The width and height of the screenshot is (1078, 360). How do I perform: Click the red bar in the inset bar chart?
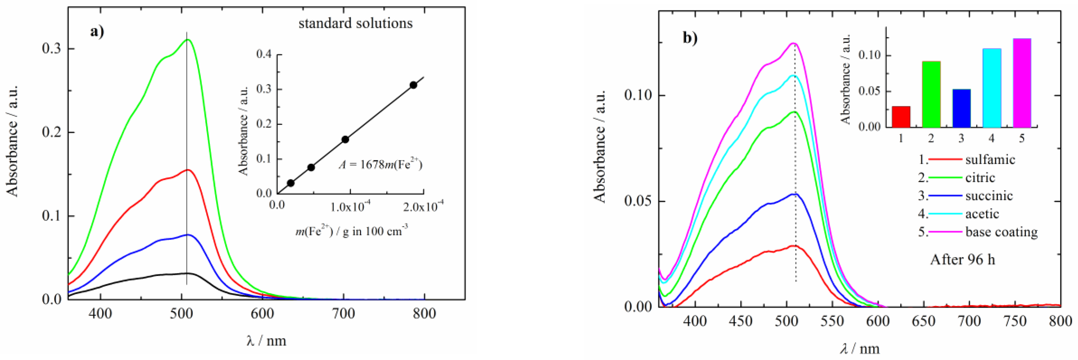[x=901, y=117]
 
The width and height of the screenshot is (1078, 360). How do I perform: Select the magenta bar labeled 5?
[x=1022, y=83]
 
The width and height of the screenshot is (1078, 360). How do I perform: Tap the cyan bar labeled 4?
[x=992, y=88]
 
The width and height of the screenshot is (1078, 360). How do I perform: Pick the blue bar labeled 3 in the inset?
[x=961, y=108]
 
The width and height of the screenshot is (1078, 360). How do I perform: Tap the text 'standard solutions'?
[x=355, y=23]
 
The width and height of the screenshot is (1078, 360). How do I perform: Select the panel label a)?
[x=97, y=31]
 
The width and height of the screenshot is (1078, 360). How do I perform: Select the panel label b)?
[x=690, y=38]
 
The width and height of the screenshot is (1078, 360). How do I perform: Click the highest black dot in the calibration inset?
[x=413, y=85]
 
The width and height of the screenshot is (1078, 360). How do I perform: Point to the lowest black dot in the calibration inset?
[x=291, y=183]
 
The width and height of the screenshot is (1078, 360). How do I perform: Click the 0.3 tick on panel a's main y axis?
[x=51, y=48]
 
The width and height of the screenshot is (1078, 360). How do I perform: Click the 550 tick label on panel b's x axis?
[x=832, y=321]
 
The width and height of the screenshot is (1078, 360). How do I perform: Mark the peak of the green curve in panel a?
[x=188, y=40]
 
